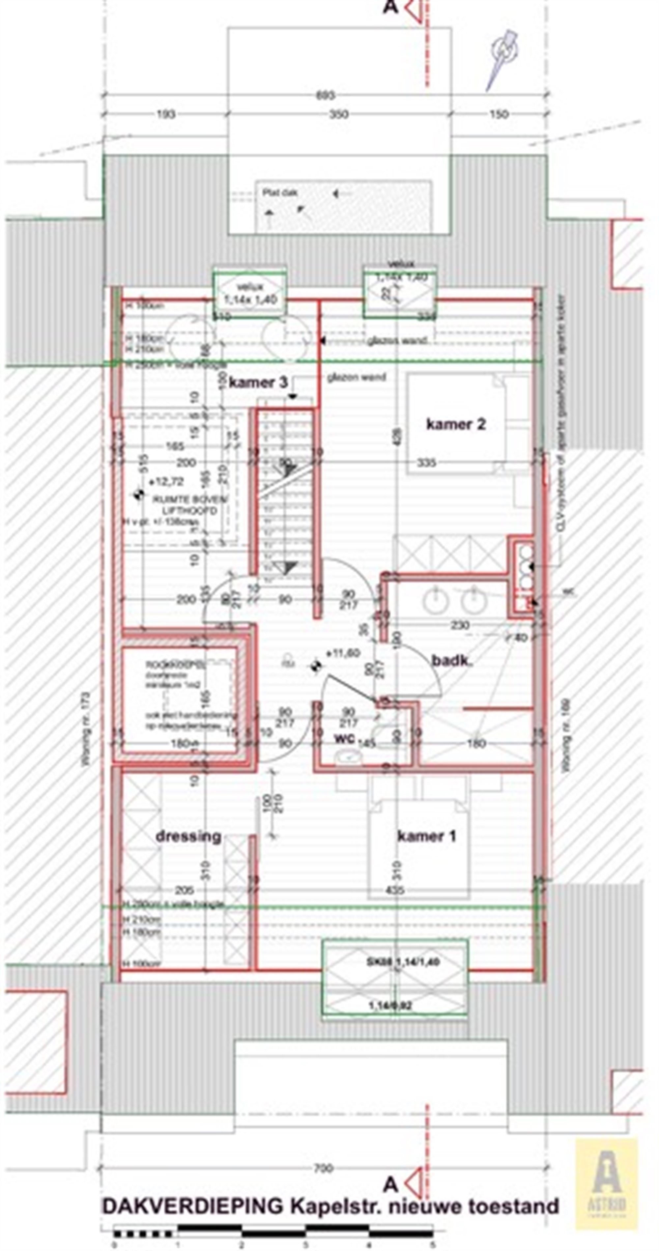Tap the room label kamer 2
455,424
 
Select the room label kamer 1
426,836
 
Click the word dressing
188,836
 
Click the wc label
344,738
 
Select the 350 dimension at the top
338,115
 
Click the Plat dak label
280,193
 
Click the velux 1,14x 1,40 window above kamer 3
250,293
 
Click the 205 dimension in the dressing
184,890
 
